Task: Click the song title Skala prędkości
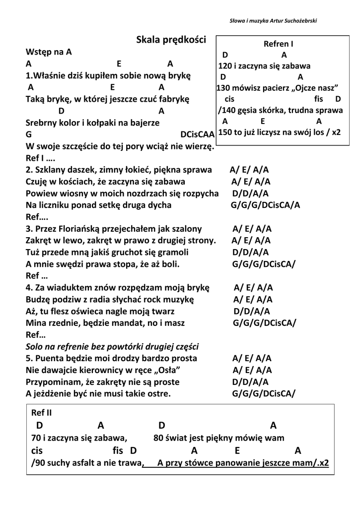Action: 170,40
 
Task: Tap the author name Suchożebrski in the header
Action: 300,20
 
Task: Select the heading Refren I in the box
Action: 278,44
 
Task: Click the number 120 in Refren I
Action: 225,66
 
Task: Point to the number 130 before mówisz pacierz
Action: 223,88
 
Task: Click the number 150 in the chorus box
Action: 225,132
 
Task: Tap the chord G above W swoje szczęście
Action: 29,134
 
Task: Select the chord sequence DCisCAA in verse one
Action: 197,134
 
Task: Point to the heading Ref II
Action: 41,412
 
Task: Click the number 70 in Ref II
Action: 35,438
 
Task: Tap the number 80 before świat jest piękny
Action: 158,438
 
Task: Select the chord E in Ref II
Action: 237,450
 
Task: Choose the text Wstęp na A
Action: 49,52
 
